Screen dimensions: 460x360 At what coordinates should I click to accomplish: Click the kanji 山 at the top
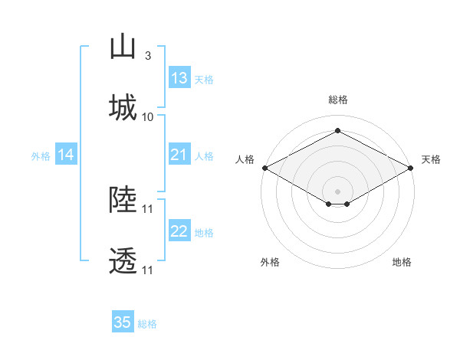point(123,46)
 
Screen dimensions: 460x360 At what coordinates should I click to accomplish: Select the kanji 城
point(123,107)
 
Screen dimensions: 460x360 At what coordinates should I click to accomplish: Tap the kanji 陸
point(123,199)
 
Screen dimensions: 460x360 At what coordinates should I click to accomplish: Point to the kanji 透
point(123,260)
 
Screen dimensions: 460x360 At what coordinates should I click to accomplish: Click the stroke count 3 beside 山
point(148,56)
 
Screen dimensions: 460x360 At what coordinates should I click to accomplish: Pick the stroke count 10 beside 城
point(147,117)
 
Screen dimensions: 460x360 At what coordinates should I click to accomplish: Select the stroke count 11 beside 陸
point(147,209)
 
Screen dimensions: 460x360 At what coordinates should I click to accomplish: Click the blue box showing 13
point(179,77)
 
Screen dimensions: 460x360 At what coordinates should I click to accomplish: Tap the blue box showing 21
point(179,154)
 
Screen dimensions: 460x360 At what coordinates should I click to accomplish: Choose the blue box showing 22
point(179,230)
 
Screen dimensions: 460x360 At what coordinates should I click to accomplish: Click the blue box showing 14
point(66,154)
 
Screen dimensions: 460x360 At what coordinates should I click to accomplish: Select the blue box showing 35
point(123,321)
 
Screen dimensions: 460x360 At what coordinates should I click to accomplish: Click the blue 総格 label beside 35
point(147,324)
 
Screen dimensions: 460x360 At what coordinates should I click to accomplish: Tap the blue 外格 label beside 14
point(41,156)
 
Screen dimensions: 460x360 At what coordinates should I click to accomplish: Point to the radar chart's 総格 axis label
point(338,100)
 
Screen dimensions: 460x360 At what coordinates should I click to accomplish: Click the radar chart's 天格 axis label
point(431,159)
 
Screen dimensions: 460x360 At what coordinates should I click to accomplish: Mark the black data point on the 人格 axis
point(265,168)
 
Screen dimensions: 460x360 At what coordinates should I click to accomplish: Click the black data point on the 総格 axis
point(337,130)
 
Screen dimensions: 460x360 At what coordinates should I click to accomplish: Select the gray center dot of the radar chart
point(337,191)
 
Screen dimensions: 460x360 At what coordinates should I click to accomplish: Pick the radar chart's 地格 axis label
point(402,262)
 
